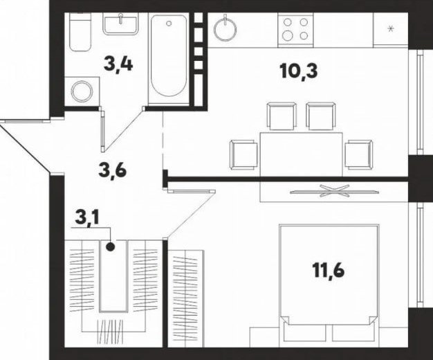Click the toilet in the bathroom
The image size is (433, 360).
80,32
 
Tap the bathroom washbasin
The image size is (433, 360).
120,24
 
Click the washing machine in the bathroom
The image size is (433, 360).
82,91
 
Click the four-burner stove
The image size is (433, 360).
296,30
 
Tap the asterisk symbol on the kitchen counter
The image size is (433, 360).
391,28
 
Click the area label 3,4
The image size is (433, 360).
118,64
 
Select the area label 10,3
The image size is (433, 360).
299,71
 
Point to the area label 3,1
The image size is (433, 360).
88,218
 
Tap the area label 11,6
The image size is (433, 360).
329,269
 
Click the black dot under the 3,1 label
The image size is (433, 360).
111,246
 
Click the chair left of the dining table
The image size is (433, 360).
243,154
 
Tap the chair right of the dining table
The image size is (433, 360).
359,154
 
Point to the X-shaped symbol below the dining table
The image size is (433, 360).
334,191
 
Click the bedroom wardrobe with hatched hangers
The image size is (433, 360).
185,298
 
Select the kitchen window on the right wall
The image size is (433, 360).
421,102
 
